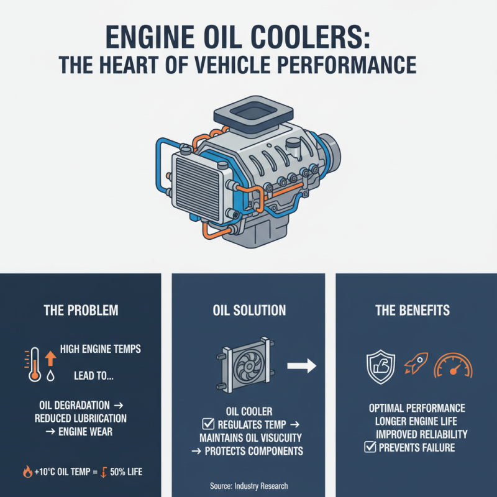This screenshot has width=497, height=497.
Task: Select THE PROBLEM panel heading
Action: (x=81, y=310)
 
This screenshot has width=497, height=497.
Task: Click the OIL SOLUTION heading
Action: (x=248, y=310)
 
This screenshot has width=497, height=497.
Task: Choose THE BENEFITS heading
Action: (x=413, y=310)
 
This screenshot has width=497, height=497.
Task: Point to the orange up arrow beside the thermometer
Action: (x=50, y=357)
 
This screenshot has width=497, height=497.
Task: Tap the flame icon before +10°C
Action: (x=27, y=472)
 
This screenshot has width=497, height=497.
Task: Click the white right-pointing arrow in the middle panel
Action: (x=303, y=366)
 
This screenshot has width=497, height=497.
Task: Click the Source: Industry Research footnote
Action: (x=248, y=485)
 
